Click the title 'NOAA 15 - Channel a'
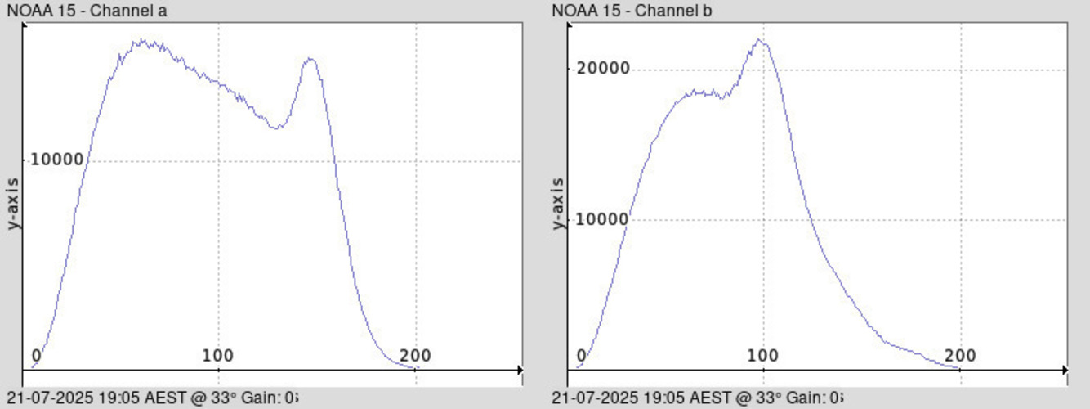81,10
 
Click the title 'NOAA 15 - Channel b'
625,10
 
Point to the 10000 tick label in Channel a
57,160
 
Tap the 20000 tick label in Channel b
602,69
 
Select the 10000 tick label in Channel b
602,219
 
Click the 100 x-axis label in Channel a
218,356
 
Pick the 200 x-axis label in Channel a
415,356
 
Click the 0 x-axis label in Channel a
36,356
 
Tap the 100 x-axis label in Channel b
763,356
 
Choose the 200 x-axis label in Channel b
960,356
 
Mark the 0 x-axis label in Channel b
581,356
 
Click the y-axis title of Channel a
14,203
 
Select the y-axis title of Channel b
559,203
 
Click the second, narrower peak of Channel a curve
310,59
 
